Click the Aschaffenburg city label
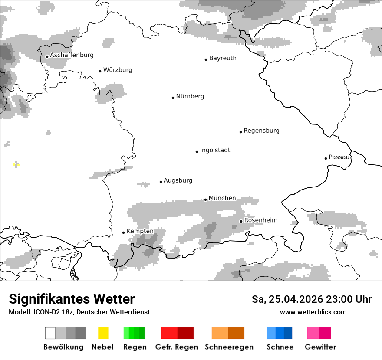[72, 56]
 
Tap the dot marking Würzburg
[100, 71]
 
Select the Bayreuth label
[223, 58]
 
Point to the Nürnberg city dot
[173, 98]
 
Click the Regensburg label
[261, 131]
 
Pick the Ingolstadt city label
[215, 150]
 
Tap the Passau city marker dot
[326, 158]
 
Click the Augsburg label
[178, 180]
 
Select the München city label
[222, 198]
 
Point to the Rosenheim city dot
[241, 221]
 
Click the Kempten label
[140, 231]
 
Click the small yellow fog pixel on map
[16, 164]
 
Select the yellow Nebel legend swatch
[103, 333]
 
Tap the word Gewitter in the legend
[320, 347]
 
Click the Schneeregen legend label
[229, 347]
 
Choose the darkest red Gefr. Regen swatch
[185, 333]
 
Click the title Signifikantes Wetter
[72, 299]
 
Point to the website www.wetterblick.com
[313, 312]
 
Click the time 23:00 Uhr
[343, 299]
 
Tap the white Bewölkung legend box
[50, 333]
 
